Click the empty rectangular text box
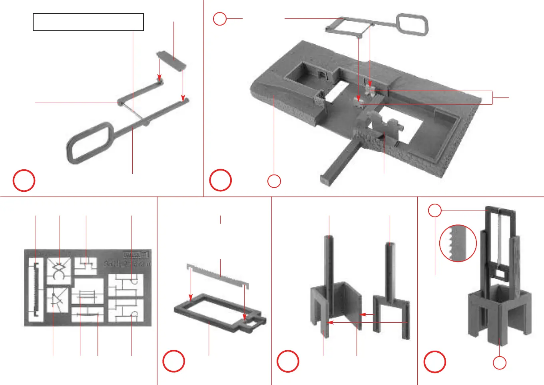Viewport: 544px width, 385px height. coord(88,22)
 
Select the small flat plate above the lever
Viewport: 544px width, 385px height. coord(172,60)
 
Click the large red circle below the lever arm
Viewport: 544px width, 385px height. coord(24,181)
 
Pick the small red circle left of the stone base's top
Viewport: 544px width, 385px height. coord(220,19)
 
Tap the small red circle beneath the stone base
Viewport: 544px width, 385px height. coord(274,181)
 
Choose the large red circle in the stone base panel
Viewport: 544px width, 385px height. coord(220,181)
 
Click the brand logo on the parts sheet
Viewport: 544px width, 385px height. coord(136,254)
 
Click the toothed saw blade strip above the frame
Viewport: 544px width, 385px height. coord(218,275)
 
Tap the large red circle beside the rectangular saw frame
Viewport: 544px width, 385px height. coord(173,361)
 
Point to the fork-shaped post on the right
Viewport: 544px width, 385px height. coord(391,288)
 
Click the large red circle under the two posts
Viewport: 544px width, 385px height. coord(288,361)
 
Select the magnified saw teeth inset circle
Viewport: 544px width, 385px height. coord(458,243)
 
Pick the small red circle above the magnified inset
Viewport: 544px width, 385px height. coord(434,210)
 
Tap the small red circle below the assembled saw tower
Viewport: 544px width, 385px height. coord(500,363)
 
